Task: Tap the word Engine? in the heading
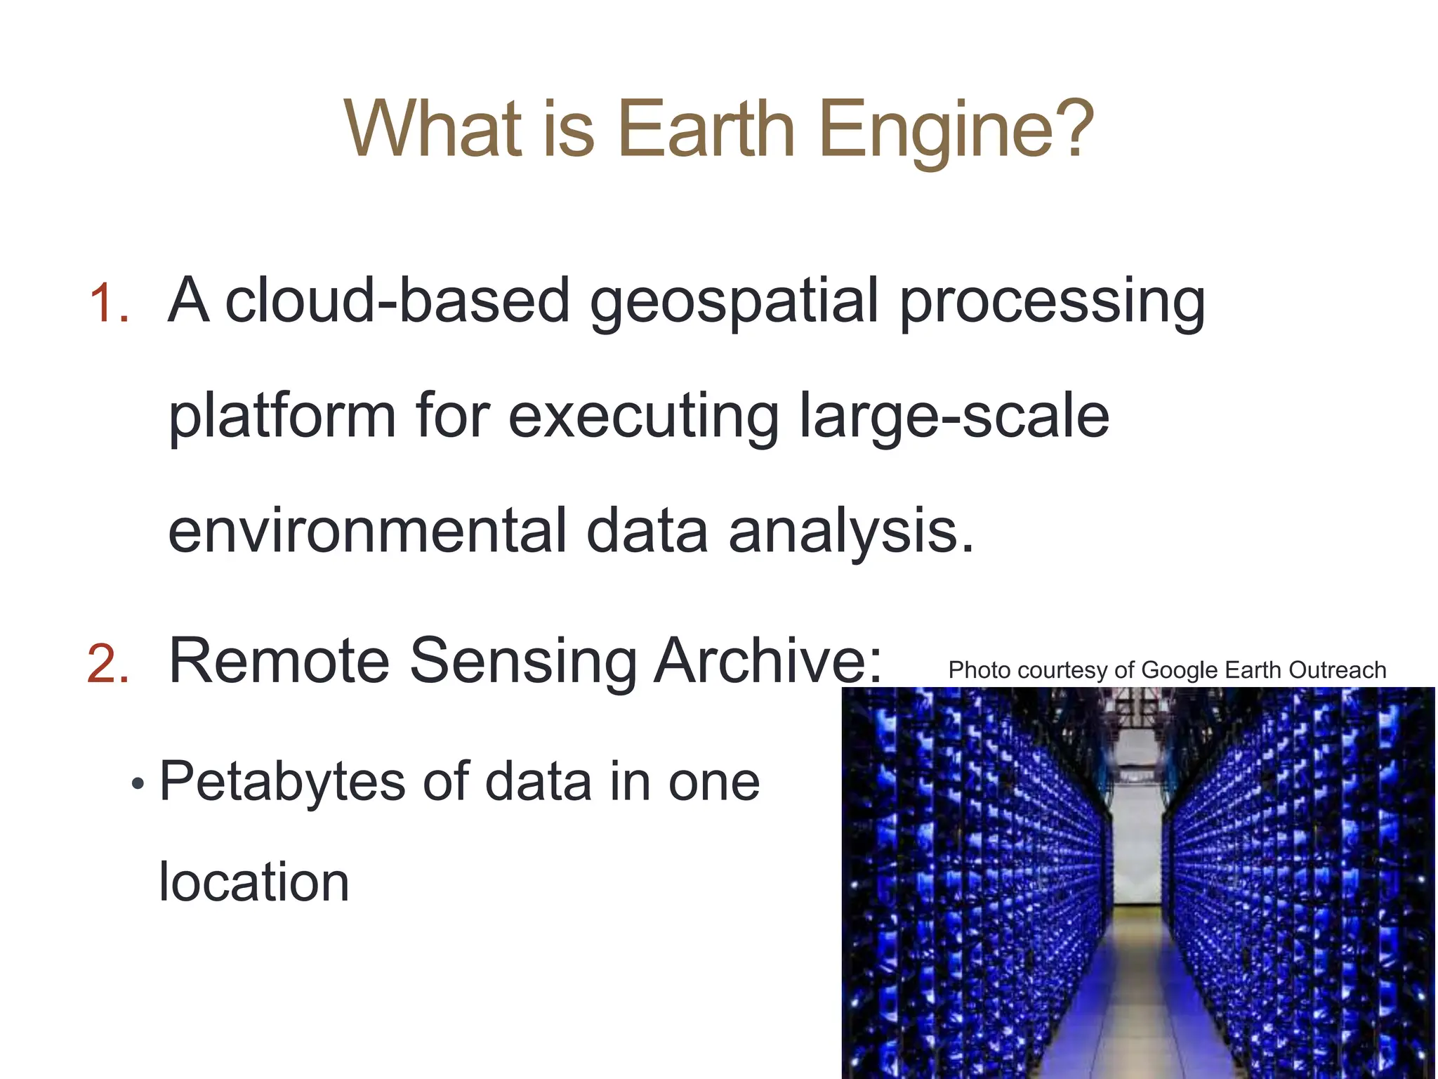pyautogui.click(x=956, y=131)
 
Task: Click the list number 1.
pyautogui.click(x=109, y=303)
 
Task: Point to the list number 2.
pyautogui.click(x=109, y=664)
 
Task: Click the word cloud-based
pyautogui.click(x=397, y=301)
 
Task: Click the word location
pyautogui.click(x=253, y=882)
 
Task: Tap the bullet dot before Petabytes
pyautogui.click(x=138, y=784)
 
